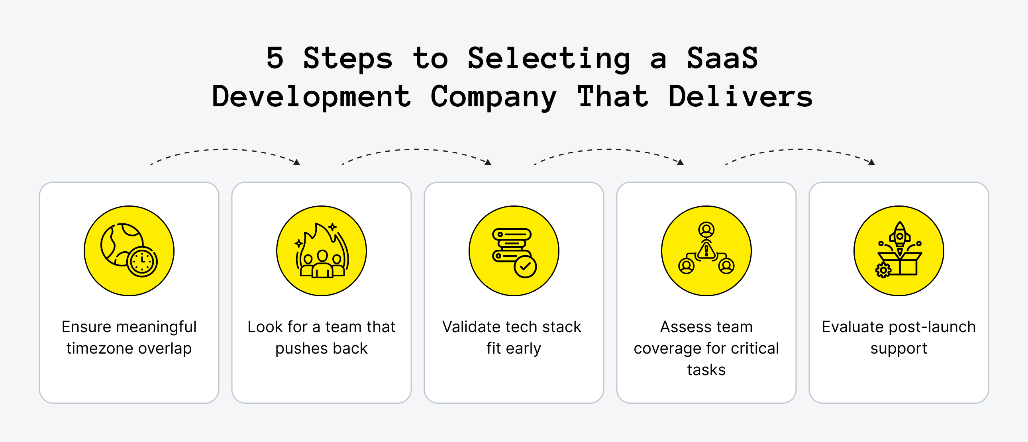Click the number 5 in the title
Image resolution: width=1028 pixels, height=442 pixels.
(275, 58)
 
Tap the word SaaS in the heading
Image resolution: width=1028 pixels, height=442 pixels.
(722, 58)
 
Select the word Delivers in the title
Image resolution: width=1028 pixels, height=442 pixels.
(740, 96)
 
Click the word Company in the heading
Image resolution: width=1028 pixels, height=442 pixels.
(493, 97)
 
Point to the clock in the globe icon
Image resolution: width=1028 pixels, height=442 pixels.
(142, 261)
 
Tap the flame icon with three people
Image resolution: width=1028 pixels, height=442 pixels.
(322, 251)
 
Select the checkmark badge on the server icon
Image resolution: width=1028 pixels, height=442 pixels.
(525, 266)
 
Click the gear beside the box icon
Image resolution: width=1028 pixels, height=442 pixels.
(883, 270)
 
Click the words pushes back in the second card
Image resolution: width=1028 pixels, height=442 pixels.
(321, 349)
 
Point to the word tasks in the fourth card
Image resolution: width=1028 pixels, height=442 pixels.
(706, 370)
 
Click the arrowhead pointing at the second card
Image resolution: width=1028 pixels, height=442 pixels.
(297, 162)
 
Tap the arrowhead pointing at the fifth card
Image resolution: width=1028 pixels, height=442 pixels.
(871, 162)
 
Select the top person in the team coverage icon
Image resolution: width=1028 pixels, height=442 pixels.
(706, 229)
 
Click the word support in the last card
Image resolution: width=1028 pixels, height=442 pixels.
(899, 349)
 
